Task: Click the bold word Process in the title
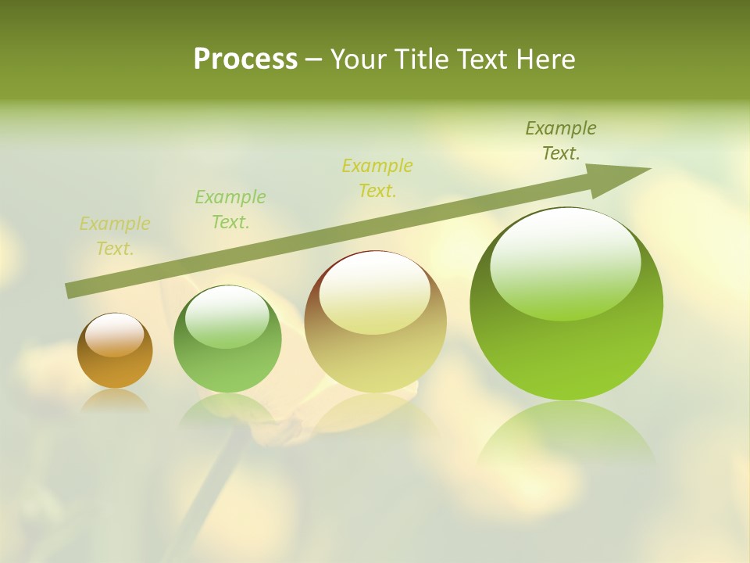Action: tap(245, 59)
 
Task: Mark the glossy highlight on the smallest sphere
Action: tap(115, 335)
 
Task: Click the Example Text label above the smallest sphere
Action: tap(115, 236)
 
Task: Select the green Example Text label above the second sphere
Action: tap(230, 210)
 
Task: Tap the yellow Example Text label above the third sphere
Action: tap(377, 178)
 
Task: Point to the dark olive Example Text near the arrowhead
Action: tap(561, 141)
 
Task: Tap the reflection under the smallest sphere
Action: tap(115, 401)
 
